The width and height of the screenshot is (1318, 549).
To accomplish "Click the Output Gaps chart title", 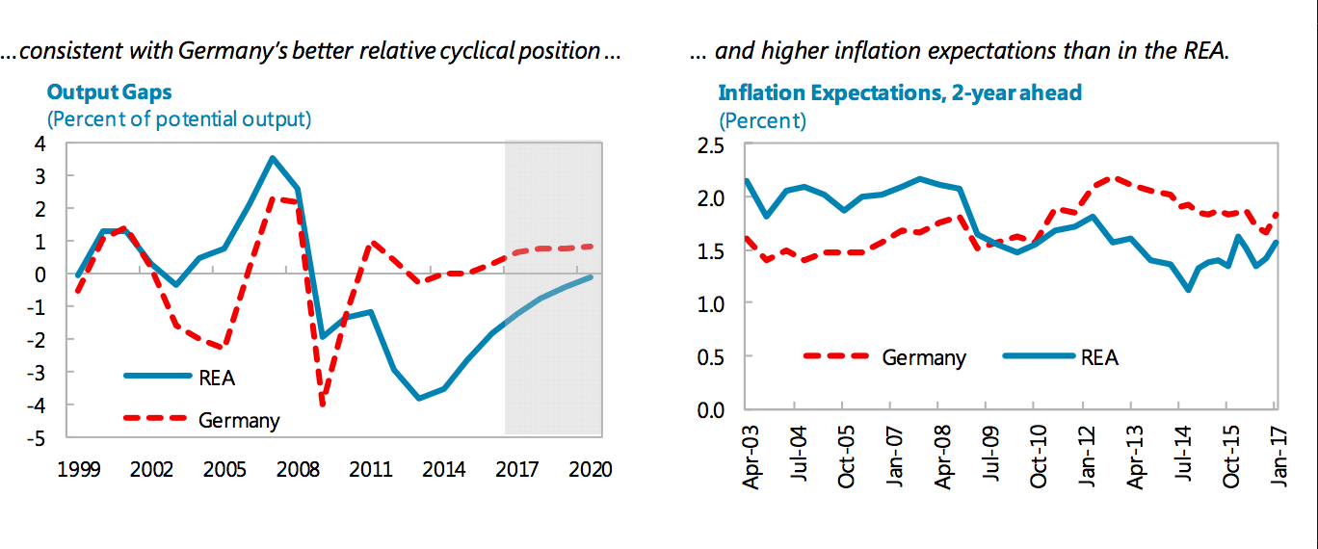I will click(111, 93).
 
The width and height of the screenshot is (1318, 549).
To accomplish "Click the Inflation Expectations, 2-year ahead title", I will click(900, 93).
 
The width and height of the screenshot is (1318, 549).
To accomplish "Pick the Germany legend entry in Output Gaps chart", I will click(239, 420).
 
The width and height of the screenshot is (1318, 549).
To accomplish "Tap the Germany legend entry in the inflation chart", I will click(923, 357).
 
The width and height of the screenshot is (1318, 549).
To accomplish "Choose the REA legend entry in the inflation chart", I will click(1098, 357).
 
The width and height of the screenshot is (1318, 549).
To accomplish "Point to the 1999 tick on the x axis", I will click(79, 469).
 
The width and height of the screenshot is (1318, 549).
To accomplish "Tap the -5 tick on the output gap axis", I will click(40, 437).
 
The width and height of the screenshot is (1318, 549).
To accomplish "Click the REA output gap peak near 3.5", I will click(273, 158).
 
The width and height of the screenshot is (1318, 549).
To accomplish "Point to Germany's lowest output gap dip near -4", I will click(322, 405).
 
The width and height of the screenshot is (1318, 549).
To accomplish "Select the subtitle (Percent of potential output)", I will click(179, 119).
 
